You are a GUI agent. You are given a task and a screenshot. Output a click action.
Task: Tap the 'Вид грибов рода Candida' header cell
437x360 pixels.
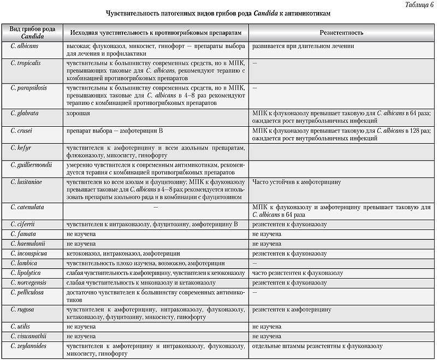point(32,33)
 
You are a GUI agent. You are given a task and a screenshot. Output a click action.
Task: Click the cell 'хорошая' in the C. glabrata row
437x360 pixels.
point(79,113)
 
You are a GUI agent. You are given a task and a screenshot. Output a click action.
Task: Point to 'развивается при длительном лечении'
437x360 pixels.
point(303,46)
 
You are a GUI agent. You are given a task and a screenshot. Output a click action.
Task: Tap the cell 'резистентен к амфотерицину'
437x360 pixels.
point(292,310)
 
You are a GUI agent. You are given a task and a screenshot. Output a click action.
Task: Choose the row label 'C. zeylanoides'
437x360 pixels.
point(29,346)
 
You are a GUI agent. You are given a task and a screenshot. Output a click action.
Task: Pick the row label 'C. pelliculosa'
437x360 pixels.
point(28,293)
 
